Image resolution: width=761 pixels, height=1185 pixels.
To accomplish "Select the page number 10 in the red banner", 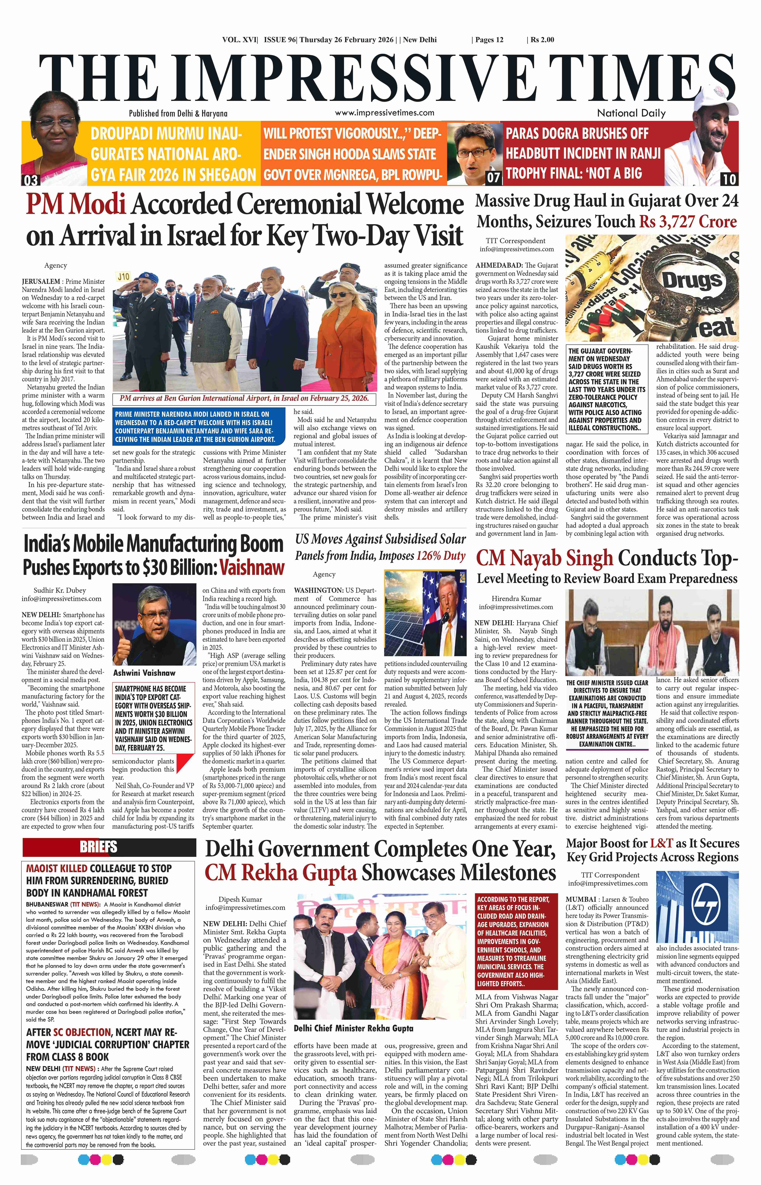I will (729, 179).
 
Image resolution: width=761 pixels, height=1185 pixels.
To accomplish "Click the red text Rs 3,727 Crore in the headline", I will (688, 222).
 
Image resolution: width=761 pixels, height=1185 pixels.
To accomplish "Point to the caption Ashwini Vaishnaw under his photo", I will (144, 673).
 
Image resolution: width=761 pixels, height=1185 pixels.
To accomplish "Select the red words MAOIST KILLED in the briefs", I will (57, 868).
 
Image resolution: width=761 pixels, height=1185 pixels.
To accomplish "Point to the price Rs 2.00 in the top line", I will (542, 40).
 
